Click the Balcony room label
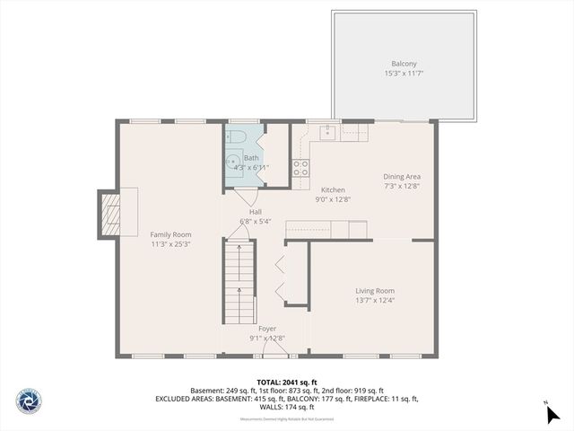[404, 64]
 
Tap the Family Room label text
[170, 233]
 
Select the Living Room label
[375, 290]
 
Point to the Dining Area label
[402, 177]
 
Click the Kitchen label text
[333, 190]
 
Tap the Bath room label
[251, 158]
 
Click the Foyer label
[267, 329]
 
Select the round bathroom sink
[231, 163]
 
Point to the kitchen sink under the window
[327, 132]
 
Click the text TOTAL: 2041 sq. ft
[286, 382]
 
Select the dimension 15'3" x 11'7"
[404, 73]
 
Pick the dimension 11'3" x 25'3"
[170, 242]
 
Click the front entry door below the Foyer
[269, 355]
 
